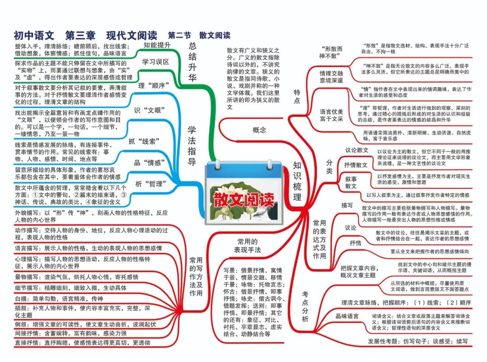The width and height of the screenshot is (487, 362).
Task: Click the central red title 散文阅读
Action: pyautogui.click(x=244, y=200)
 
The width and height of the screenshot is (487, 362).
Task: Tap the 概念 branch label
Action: pyautogui.click(x=259, y=130)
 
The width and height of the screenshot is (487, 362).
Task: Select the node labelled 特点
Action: pyautogui.click(x=297, y=96)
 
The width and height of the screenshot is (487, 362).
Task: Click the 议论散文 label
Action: pyautogui.click(x=357, y=150)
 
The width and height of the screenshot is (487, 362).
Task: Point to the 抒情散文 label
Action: pyautogui.click(x=356, y=165)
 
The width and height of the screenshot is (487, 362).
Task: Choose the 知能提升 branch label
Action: pyautogui.click(x=157, y=45)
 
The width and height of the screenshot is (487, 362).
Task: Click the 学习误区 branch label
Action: pyautogui.click(x=156, y=62)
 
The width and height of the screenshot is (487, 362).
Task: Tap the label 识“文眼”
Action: pyautogui.click(x=149, y=110)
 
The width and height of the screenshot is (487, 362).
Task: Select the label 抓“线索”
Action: pyautogui.click(x=144, y=141)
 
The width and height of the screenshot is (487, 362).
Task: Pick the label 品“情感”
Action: pyautogui.click(x=149, y=162)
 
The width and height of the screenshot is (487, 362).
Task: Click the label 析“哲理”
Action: pyautogui.click(x=151, y=184)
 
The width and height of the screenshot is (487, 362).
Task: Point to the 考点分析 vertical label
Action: pyautogui.click(x=305, y=306)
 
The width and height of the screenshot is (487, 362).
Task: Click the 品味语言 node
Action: pyautogui.click(x=347, y=316)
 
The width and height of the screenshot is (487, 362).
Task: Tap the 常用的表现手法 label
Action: pyautogui.click(x=247, y=246)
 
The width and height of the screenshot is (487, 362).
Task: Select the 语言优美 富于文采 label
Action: pyautogui.click(x=331, y=115)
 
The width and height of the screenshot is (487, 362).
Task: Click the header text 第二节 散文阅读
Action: pyautogui.click(x=199, y=35)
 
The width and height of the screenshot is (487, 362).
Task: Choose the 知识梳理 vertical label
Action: pyautogui.click(x=297, y=181)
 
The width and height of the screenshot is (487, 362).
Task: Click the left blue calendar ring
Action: pyautogui.click(x=217, y=164)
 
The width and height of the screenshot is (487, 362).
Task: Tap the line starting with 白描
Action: pyautogui.click(x=59, y=298)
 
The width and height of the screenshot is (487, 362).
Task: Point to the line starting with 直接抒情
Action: pyautogui.click(x=83, y=343)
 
